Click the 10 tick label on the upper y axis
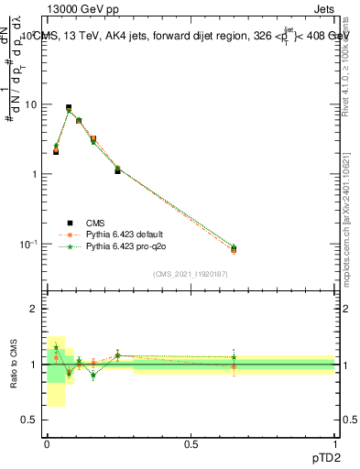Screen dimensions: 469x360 point(29,104)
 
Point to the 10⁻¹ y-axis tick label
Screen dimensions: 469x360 point(27,244)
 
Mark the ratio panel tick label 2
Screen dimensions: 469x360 point(34,310)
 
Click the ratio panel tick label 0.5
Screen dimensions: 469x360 point(28,420)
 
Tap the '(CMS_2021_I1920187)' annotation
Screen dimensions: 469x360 point(190,274)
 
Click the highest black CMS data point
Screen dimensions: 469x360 point(69,107)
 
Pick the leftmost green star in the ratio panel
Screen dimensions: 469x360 point(56,347)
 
